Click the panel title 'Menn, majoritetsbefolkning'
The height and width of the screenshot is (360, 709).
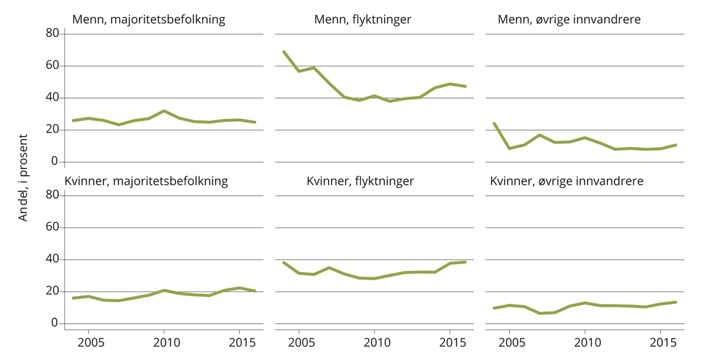(x=148, y=20)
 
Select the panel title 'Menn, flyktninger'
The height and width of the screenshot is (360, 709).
(x=363, y=20)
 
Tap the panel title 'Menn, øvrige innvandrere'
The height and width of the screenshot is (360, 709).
(x=569, y=20)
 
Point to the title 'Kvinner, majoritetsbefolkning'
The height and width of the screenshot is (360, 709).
(x=146, y=181)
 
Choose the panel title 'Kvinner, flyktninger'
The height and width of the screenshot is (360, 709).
(x=360, y=181)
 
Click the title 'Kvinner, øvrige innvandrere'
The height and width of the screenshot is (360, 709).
(x=567, y=181)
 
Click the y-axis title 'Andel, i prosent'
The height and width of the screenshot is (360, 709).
(x=23, y=178)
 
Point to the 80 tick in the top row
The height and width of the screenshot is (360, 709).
(x=52, y=34)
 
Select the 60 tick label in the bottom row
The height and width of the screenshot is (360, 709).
(x=52, y=228)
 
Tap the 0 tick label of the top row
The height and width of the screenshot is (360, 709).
(x=55, y=161)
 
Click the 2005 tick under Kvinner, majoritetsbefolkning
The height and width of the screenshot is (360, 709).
(x=88, y=342)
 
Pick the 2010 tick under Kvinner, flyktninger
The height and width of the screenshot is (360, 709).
(x=374, y=342)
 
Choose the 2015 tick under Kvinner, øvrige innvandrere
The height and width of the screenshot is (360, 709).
(x=661, y=342)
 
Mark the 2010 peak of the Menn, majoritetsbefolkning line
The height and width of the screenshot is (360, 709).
(x=164, y=111)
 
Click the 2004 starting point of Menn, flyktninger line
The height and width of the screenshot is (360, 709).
(x=284, y=52)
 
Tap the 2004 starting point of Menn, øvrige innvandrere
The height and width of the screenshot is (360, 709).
(x=494, y=124)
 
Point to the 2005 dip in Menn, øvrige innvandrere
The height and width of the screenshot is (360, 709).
(x=509, y=148)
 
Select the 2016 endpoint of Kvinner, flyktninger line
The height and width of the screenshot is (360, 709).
(x=466, y=262)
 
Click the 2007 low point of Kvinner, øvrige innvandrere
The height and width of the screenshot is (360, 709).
(x=539, y=313)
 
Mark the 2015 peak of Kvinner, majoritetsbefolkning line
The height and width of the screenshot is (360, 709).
(x=239, y=288)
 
